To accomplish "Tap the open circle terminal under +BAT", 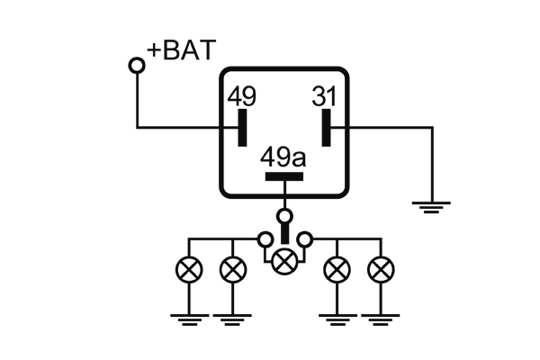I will [137, 65].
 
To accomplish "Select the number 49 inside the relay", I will [241, 95].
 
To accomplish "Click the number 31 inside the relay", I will [325, 95].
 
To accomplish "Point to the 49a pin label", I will [283, 157].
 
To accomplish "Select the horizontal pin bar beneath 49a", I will [284, 175].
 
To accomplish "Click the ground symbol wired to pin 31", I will [433, 206].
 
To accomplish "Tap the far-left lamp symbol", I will [190, 267].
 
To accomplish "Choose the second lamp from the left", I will [233, 267].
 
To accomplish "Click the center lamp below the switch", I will [285, 261].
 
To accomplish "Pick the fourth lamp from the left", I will [337, 267].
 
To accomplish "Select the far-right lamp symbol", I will [381, 267].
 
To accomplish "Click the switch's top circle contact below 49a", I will [285, 216].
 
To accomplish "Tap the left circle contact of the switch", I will [265, 239].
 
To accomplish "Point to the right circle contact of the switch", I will [306, 239].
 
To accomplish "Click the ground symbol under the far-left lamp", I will [190, 317].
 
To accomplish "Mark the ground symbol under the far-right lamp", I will [381, 317].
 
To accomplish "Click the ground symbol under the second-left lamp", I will [233, 317].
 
